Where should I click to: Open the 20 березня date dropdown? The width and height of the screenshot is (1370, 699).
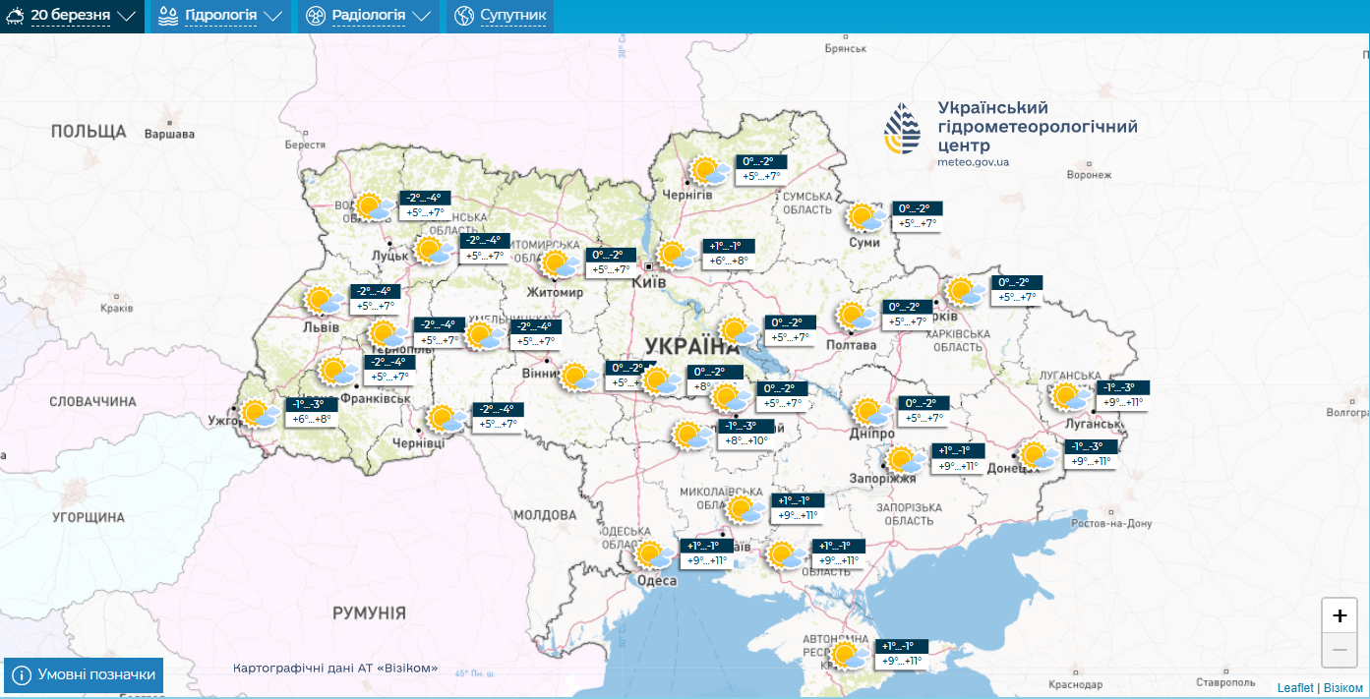72,16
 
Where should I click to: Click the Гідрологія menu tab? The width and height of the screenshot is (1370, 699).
219,16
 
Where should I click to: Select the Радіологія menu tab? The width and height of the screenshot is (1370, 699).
369,16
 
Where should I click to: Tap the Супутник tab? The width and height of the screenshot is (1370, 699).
501,16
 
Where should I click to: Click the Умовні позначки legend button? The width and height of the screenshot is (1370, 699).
84,674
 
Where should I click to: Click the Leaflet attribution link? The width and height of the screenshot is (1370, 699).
1294,687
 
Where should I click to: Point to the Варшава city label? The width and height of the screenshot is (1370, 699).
169,134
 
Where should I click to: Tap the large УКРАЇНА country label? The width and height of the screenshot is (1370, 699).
692,345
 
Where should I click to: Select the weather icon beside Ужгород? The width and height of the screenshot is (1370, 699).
260,413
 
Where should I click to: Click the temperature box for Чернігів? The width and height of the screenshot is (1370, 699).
761,169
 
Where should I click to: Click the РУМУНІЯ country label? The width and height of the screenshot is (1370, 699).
369,613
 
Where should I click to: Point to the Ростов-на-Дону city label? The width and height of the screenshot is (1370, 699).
1111,524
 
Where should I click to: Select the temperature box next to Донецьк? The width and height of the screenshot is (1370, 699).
1091,454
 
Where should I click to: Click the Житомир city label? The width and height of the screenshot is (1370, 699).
556,293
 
